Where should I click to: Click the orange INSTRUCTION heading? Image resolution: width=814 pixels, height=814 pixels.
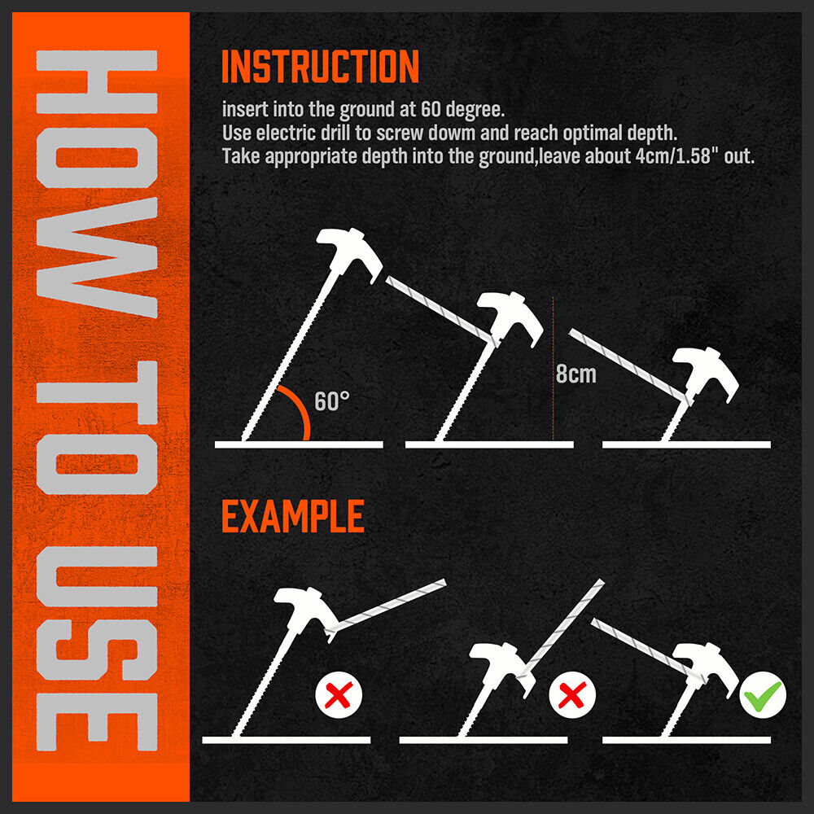coord(320,66)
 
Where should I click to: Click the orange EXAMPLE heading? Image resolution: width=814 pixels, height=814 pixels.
coord(293,516)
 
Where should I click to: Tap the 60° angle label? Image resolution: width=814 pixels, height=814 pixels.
coord(332,401)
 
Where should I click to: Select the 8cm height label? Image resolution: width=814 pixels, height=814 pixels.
coord(576,374)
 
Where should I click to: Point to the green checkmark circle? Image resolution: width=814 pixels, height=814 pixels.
coord(763,694)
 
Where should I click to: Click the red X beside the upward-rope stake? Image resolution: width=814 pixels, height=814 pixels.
coord(339,694)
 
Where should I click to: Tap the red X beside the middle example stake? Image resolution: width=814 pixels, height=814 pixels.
coord(572,694)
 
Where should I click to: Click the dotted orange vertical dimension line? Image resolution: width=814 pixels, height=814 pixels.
coord(553,369)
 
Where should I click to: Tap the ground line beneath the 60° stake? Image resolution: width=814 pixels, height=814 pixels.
coord(299,444)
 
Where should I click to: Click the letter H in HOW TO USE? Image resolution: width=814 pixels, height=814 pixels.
coord(97,81)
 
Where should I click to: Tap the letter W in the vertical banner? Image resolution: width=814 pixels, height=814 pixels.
coord(97,257)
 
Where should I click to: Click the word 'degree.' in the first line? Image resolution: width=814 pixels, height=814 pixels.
coord(475,110)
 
